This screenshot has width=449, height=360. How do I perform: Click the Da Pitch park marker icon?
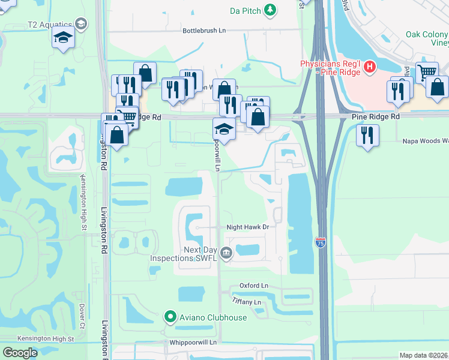pos(271,10)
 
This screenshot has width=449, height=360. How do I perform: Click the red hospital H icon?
pos(370,66)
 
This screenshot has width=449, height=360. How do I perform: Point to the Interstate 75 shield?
pos(321,242)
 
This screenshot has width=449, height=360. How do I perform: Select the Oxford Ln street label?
pos(253,286)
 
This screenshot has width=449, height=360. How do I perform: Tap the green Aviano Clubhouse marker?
pos(170,317)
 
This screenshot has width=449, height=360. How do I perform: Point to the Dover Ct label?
pos(82,312)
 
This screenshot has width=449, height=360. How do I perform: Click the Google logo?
pos(20,353)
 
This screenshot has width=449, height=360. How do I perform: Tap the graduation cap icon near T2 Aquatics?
pos(63,38)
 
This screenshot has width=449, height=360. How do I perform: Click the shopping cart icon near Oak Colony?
pos(427,72)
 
